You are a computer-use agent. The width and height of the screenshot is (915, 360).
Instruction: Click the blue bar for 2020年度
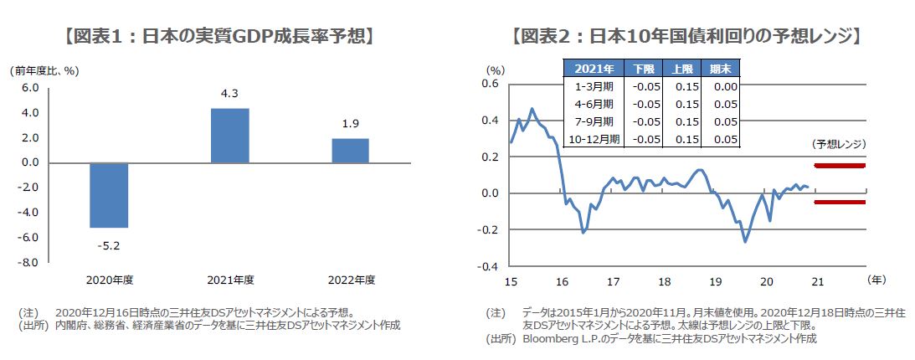click(x=109, y=194)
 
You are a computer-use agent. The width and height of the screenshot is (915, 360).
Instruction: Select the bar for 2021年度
click(x=229, y=136)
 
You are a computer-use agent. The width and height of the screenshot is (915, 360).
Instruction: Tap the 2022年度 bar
click(x=350, y=151)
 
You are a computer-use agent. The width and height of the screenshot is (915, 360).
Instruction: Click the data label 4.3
click(x=229, y=94)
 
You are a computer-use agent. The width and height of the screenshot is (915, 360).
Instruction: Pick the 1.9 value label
click(x=351, y=124)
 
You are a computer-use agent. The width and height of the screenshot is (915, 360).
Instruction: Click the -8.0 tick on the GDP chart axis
click(x=28, y=263)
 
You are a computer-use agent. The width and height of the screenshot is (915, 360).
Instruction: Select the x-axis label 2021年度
click(x=229, y=280)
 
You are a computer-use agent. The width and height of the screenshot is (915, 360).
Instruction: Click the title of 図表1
click(x=219, y=37)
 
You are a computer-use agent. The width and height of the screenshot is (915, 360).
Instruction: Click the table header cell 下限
click(x=645, y=69)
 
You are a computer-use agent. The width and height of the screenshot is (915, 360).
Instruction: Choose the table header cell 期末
click(x=721, y=69)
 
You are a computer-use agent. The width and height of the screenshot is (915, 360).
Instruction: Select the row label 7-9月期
click(x=594, y=121)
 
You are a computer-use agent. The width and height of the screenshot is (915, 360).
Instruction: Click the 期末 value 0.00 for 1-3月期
click(x=722, y=86)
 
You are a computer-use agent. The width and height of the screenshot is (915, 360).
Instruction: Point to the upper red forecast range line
click(x=839, y=165)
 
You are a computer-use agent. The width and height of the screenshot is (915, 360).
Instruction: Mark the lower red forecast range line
click(x=839, y=202)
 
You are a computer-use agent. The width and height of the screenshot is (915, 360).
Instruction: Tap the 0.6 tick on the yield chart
click(x=490, y=84)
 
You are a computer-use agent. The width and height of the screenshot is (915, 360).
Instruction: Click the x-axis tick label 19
click(x=716, y=281)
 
